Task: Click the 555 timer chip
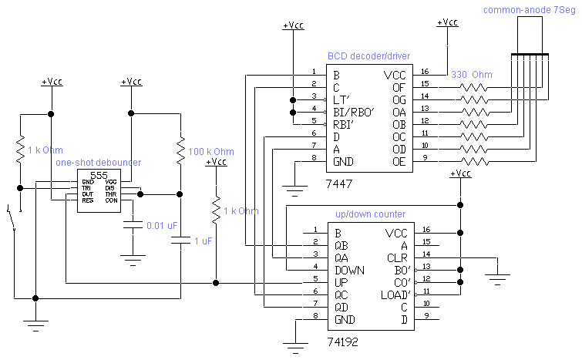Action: tap(99, 189)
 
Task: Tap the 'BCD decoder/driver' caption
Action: tap(368, 56)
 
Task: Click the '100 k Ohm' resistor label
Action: tap(210, 152)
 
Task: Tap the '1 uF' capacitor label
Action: tap(202, 241)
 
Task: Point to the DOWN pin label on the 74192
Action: tap(348, 271)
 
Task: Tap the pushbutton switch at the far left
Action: tap(12, 219)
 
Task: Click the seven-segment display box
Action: tap(529, 35)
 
